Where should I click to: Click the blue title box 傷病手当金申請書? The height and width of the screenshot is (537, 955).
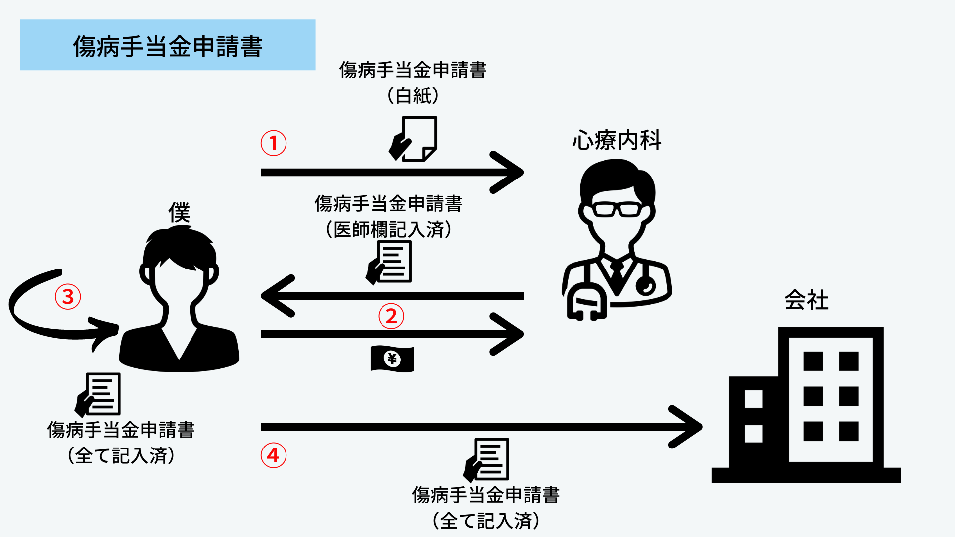click(168, 45)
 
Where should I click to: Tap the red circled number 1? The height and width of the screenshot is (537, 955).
click(274, 143)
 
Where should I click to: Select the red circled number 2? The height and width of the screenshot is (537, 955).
click(391, 316)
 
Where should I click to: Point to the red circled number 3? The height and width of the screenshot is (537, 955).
click(68, 297)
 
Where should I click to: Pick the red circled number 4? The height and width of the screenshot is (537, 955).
click(274, 455)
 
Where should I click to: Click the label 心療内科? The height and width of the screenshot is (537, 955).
click(617, 140)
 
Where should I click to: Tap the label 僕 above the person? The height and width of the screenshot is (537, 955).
click(179, 213)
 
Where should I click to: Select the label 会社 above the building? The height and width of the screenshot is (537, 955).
click(806, 300)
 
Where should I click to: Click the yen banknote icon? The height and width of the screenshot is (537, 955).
click(392, 358)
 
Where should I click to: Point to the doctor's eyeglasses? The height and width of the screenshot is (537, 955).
click(617, 209)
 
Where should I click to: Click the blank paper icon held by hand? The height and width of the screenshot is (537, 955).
click(414, 139)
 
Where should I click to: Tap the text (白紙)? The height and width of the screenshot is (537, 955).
click(413, 95)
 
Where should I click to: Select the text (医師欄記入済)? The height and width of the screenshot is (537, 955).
click(388, 229)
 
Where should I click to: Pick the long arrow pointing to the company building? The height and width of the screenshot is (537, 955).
click(477, 427)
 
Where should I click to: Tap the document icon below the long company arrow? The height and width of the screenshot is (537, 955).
click(486, 459)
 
